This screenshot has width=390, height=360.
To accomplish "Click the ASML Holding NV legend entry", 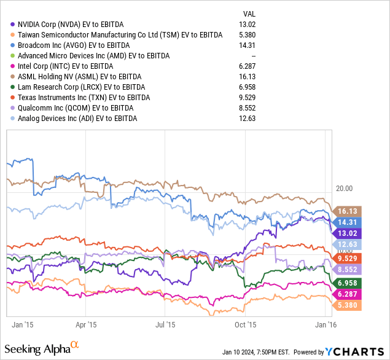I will pos(80,76).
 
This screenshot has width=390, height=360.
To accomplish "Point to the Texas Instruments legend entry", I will pos(82,97).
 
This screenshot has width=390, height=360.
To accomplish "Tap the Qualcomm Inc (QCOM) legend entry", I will pos(74,108).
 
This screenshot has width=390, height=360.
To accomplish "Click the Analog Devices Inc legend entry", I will pos(77,118).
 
